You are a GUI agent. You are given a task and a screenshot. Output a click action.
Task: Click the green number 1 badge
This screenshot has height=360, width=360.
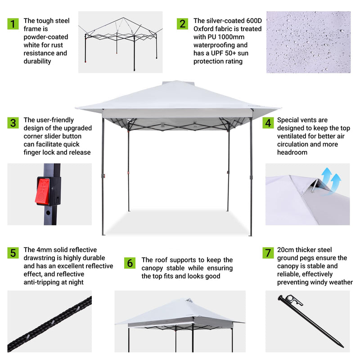point(13,24)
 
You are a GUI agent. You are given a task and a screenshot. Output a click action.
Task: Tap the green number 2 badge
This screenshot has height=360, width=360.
point(182,24)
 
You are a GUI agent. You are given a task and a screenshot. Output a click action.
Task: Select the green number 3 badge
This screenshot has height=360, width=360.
point(13,122)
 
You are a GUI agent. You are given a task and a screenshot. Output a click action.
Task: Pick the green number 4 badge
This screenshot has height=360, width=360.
point(268,122)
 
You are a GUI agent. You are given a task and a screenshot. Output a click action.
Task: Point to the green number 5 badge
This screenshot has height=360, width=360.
point(13,253)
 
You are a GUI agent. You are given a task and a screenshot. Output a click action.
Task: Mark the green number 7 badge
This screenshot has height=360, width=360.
point(268,253)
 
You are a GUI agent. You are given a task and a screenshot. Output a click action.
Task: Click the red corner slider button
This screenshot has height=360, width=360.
point(42,190)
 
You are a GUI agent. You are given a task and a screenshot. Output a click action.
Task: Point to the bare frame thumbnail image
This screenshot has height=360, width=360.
point(120,42)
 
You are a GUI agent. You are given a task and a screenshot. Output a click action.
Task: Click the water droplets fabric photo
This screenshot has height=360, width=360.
point(308,42)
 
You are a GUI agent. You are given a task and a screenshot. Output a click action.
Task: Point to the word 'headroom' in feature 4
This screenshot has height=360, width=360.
point(292,153)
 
